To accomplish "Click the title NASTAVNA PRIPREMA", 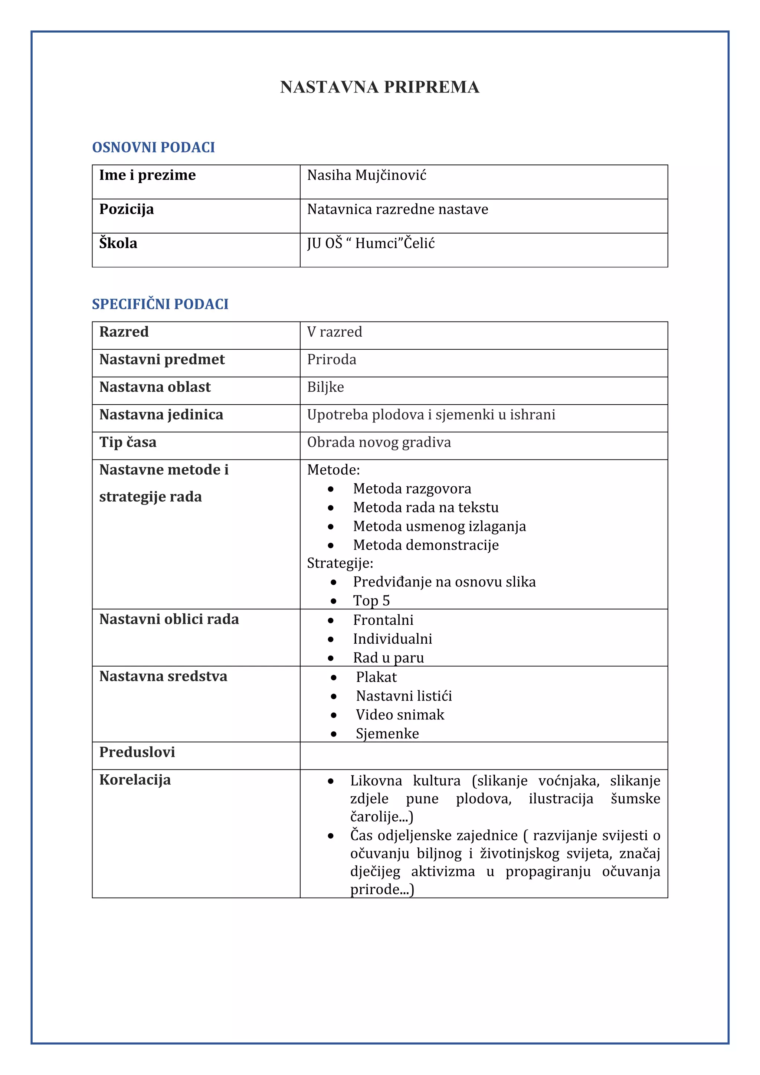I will click(380, 87).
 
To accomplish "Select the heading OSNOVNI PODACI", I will click(154, 147).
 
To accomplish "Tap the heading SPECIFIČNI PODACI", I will click(160, 304).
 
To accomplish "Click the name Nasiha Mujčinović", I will click(366, 175).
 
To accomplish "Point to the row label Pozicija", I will click(126, 209).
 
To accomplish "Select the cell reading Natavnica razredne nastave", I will click(397, 209).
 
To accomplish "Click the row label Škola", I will click(118, 244).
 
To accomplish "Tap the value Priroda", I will click(331, 360).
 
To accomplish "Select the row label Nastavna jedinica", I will click(161, 415).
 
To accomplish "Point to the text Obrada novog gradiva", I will click(379, 442).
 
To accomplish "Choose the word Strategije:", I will click(340, 563).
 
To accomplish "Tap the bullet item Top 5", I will click(371, 601).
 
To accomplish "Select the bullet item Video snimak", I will click(400, 715).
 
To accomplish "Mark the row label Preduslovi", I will click(137, 752).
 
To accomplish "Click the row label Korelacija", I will click(135, 780).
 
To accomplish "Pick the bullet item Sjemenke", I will click(387, 733).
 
